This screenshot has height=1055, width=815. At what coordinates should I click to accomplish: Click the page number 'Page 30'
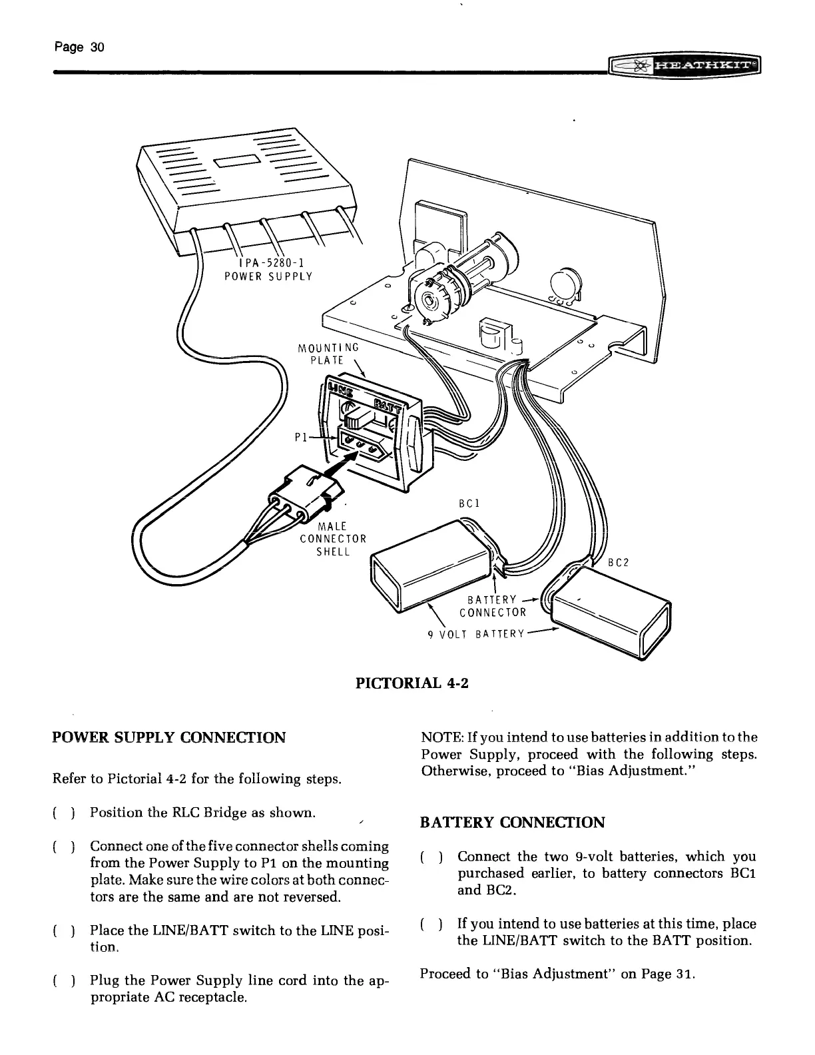pyautogui.click(x=79, y=47)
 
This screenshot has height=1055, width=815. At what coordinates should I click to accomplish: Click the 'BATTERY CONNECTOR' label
pyautogui.click(x=493, y=607)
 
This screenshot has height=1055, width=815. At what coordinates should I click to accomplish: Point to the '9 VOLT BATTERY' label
pyautogui.click(x=476, y=633)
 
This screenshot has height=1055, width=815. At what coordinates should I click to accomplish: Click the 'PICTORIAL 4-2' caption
pyautogui.click(x=407, y=683)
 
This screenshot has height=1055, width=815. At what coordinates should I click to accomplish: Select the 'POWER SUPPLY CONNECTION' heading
pyautogui.click(x=169, y=737)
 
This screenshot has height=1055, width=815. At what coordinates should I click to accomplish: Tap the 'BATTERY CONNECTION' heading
pyautogui.click(x=513, y=822)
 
